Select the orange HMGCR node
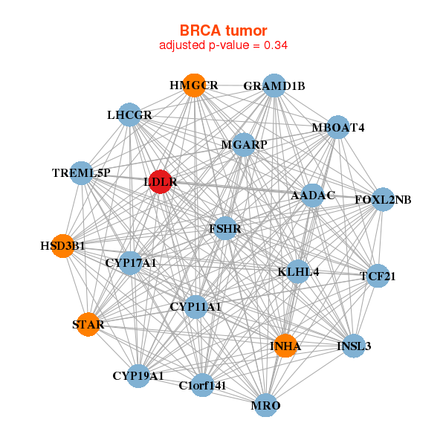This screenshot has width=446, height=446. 194,85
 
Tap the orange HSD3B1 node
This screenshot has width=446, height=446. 63,245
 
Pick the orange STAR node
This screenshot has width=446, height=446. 88,324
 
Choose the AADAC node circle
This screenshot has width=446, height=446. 313,195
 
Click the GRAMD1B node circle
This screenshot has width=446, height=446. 274,86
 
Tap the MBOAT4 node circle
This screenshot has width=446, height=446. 337,127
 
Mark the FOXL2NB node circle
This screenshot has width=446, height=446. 383,199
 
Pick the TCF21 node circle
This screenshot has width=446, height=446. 378,277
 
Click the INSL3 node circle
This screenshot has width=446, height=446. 354,346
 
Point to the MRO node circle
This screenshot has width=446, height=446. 265,406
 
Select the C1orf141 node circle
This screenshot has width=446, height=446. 202,385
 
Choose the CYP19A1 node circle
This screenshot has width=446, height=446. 138,376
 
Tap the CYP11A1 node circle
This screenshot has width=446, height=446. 195,306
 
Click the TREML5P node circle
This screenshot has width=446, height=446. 81,173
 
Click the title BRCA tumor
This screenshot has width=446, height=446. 223,30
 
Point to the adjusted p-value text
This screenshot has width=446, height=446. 223,45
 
